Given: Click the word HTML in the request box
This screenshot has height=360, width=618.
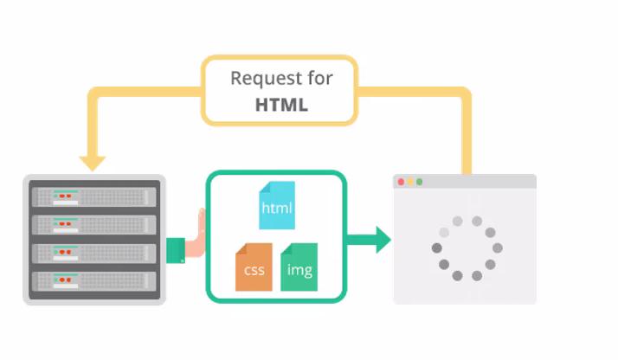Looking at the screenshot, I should point(281,105).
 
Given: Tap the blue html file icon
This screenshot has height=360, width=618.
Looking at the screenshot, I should point(277,205).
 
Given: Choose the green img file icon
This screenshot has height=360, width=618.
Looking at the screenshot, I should point(299,267).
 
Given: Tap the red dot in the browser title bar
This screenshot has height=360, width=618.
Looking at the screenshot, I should point(401,182).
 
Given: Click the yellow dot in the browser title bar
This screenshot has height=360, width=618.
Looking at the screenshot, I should point(410,182).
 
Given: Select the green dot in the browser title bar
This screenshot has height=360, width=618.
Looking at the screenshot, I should point(420,182).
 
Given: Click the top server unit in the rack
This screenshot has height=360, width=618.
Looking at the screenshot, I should point(94,196).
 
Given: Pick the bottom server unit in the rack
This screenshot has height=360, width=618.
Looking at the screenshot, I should point(94,281).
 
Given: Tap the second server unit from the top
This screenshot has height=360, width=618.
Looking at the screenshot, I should point(94,225).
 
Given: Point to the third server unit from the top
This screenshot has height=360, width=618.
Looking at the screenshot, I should point(94,254).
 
